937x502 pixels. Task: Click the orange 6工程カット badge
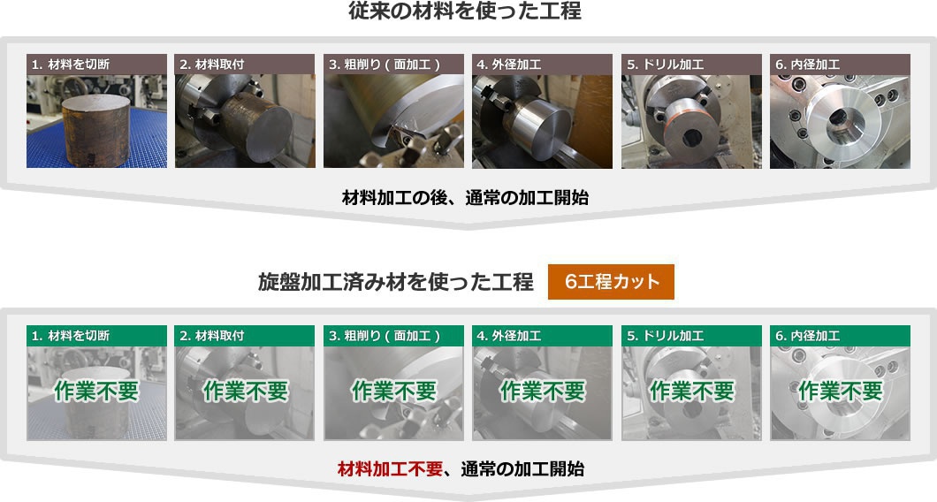[x=611, y=282]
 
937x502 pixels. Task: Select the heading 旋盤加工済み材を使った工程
[x=395, y=282]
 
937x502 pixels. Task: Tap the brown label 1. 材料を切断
[x=96, y=65]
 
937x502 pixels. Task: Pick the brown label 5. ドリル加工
[x=691, y=65]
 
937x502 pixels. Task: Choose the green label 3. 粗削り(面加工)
[x=393, y=336]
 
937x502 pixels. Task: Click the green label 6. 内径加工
[x=840, y=336]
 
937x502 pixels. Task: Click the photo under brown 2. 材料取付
[x=245, y=121]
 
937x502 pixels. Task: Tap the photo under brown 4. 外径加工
[x=542, y=121]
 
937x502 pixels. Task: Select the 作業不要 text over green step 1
[x=96, y=391]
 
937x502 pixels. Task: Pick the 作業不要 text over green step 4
[x=542, y=391]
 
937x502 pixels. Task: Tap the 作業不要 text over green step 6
[x=840, y=391]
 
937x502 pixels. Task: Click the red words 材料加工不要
[x=390, y=468]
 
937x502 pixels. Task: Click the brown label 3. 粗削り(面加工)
[x=393, y=65]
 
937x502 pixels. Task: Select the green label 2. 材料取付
[x=245, y=336]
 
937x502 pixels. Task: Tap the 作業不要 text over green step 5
[x=691, y=391]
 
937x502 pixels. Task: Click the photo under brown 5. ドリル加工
[x=691, y=121]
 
